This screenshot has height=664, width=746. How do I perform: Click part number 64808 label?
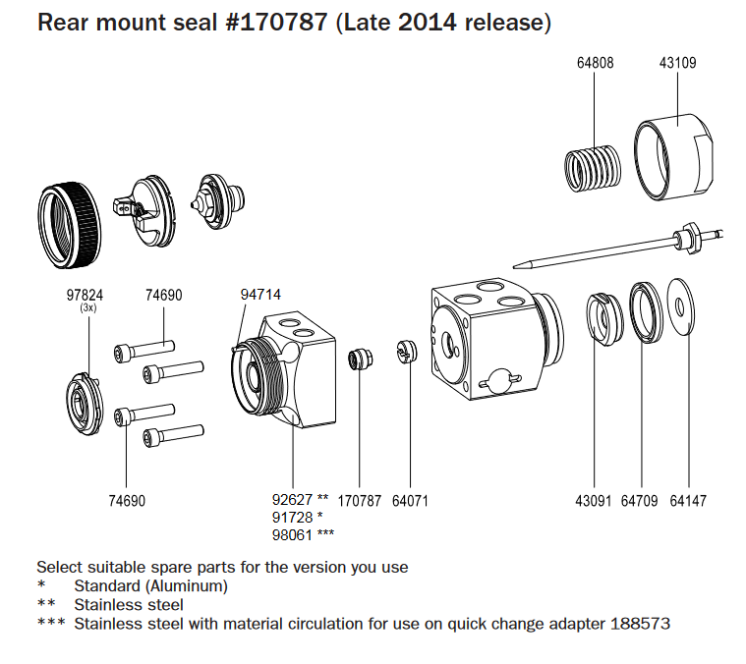pyautogui.click(x=595, y=63)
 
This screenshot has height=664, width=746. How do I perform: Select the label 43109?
pyautogui.click(x=677, y=63)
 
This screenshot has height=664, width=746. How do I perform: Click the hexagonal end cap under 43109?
pyautogui.click(x=676, y=157)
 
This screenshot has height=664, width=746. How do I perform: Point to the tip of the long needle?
pyautogui.click(x=518, y=263)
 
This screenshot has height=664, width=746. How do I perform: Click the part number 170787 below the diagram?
pyautogui.click(x=359, y=501)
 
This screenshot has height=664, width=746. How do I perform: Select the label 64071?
pyautogui.click(x=410, y=501)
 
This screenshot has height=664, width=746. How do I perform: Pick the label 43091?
pyautogui.click(x=594, y=501)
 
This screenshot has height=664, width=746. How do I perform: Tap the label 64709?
pyautogui.click(x=639, y=501)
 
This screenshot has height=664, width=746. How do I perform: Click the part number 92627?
pyautogui.click(x=291, y=501)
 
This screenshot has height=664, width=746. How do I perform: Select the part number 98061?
pyautogui.click(x=291, y=534)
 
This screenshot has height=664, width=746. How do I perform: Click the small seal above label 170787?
pyautogui.click(x=361, y=359)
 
